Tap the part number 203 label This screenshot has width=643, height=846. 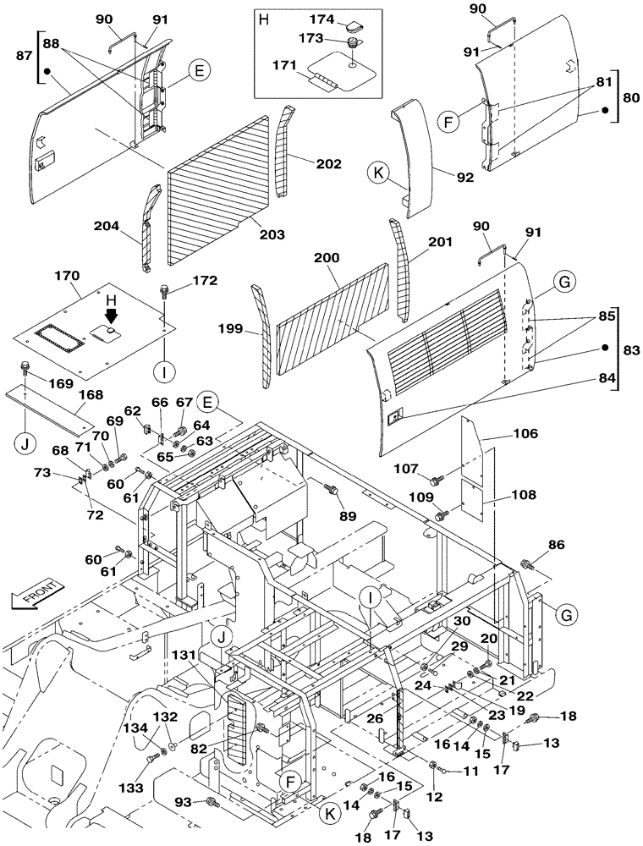272,233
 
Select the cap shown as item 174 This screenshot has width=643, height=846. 351,20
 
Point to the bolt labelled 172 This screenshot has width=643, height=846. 164,293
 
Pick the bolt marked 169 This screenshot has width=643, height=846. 25,369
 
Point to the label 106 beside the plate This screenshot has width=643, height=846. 525,435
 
